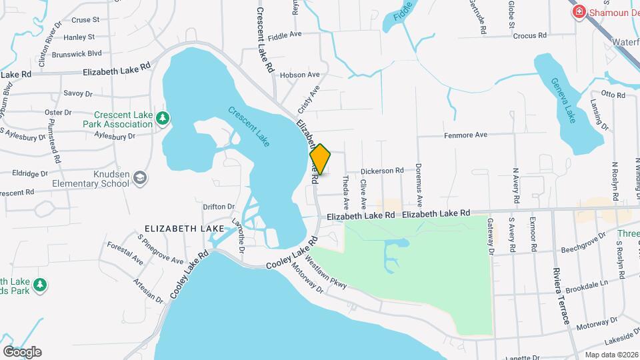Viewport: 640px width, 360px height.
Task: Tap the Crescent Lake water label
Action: pyautogui.click(x=249, y=126)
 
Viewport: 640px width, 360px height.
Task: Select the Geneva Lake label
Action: pyautogui.click(x=563, y=100)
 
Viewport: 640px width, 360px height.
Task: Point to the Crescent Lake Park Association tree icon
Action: pyautogui.click(x=162, y=119)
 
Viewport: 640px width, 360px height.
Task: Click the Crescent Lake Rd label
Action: pyautogui.click(x=265, y=39)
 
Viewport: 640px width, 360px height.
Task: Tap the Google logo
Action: pyautogui.click(x=22, y=351)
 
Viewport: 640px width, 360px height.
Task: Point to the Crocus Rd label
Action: pyautogui.click(x=531, y=35)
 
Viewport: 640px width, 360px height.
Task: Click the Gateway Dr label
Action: pyautogui.click(x=490, y=236)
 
